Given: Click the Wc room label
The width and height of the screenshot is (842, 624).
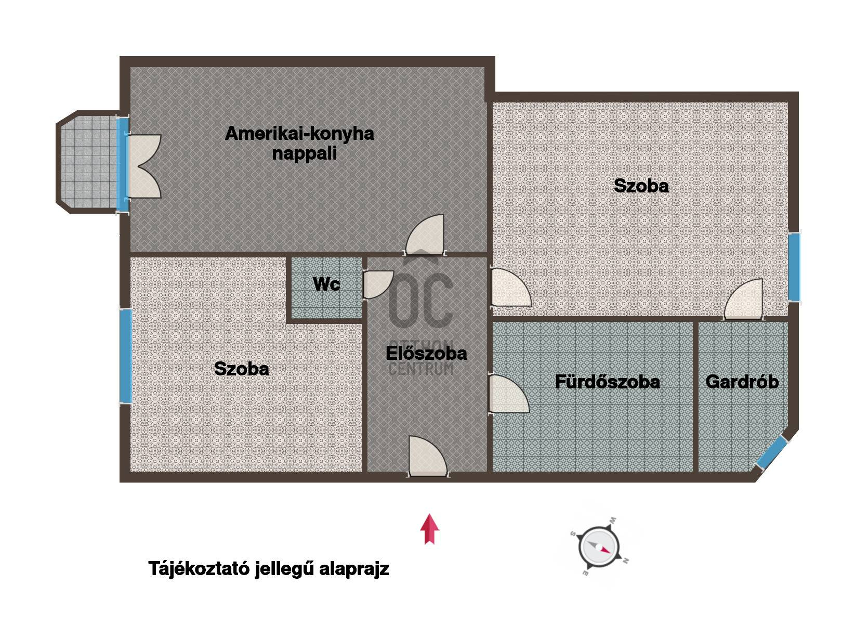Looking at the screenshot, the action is (326, 284).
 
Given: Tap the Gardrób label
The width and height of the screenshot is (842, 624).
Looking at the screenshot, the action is (742, 382).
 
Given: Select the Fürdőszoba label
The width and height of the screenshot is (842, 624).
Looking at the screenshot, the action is (608, 382).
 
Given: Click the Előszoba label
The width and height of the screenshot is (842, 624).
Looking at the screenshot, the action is (426, 353).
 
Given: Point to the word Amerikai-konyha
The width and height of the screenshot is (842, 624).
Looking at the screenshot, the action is (299, 134).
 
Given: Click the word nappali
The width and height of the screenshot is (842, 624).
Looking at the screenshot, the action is (305, 154).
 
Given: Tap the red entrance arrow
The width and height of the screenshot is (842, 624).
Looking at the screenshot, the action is (429, 529).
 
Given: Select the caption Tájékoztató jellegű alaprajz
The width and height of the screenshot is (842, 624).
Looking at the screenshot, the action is (269, 569).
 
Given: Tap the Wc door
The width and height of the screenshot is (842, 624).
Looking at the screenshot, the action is (378, 284).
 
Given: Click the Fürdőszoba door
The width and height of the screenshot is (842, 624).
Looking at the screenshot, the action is (509, 394).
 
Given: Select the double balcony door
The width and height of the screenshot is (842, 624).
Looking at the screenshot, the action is (144, 166).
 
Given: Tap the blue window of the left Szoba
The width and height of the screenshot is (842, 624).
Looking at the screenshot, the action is (126, 356).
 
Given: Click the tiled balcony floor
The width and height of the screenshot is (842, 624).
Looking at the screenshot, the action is (88, 162).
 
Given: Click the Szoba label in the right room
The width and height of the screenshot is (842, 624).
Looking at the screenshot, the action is (641, 186).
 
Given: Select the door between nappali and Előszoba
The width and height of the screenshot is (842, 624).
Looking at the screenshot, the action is (425, 235).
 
